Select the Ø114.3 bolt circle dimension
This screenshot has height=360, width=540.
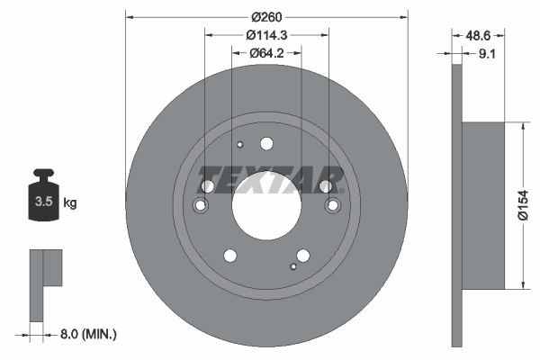(266, 35)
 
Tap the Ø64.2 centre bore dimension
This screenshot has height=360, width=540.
(266, 53)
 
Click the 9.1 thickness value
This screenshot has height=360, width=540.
(488, 54)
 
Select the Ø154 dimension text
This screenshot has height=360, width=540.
(526, 206)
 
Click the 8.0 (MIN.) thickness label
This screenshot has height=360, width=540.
(88, 334)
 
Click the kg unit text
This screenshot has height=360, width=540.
(70, 203)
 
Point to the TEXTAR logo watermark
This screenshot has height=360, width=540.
(270, 179)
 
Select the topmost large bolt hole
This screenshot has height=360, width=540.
(266, 143)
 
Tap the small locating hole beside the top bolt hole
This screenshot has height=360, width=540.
(240, 144)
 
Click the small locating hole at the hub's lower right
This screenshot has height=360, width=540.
(293, 265)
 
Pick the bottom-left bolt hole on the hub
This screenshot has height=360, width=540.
(230, 255)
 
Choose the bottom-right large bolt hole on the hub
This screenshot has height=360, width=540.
(303, 255)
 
